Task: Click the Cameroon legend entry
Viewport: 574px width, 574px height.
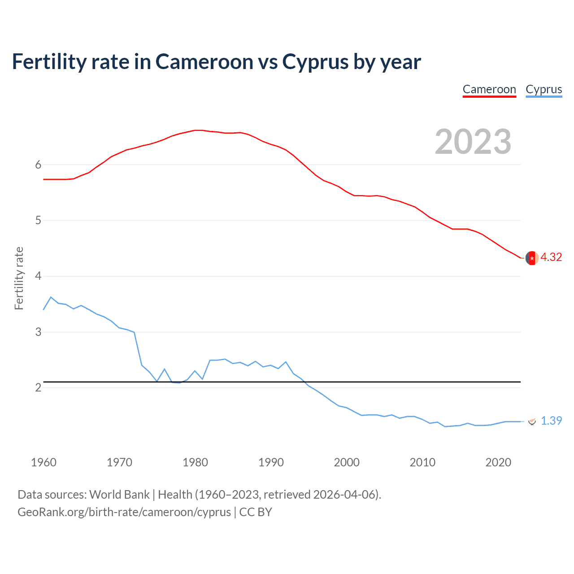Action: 489,89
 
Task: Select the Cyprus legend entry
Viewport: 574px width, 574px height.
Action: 544,89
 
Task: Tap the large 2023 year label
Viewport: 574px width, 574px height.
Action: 473,142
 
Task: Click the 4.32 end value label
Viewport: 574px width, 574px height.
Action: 551,257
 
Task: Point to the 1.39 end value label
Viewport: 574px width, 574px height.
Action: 551,421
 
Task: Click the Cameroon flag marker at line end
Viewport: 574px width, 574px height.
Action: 532,258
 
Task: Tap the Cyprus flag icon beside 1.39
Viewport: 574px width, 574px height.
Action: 532,421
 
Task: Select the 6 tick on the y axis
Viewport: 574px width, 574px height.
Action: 38,165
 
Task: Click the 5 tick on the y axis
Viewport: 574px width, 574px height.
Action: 38,220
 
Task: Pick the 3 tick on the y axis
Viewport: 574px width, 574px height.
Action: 38,332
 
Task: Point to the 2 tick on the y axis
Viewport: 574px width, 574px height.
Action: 38,387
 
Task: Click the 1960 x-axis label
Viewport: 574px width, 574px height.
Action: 43,462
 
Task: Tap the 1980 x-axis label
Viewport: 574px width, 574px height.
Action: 195,462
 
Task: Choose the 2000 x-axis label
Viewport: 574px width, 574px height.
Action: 347,462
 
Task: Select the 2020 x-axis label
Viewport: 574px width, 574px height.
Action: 498,462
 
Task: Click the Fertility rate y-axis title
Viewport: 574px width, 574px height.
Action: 19,278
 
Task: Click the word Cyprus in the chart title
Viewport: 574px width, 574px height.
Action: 315,62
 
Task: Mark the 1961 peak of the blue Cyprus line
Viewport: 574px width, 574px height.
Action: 51,297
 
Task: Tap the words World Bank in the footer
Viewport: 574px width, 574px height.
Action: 119,495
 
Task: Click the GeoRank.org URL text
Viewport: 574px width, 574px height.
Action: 124,512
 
